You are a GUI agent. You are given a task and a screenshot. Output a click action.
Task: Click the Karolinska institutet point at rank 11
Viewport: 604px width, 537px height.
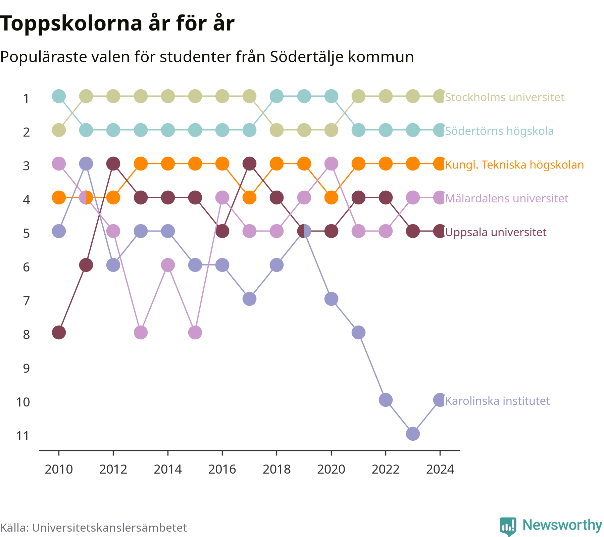coord(413,434)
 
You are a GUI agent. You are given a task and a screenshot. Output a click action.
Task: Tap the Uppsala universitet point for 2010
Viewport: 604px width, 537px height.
coord(59,332)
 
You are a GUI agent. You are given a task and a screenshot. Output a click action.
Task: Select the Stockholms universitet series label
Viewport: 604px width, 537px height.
coord(505,97)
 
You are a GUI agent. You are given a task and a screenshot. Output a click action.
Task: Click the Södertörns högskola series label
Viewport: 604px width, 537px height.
coord(499,131)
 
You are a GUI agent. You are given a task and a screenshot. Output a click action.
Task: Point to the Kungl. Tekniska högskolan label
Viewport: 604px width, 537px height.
coord(514,165)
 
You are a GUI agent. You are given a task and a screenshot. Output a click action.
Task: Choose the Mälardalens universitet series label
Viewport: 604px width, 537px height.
coord(507,198)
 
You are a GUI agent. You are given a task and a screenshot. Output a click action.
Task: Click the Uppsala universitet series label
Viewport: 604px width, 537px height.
coord(496,232)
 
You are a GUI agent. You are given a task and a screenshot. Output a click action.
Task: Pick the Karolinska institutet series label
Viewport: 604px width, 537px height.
coord(497,401)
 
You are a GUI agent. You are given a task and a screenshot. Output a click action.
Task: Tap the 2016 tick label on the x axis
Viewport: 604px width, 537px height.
coord(222,469)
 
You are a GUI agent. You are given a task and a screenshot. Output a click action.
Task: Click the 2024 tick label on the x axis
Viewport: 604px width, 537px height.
coord(440,469)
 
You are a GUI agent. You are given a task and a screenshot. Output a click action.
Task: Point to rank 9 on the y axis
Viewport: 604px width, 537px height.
coord(26,368)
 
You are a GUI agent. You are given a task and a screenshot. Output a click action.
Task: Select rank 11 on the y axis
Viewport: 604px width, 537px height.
coord(23,436)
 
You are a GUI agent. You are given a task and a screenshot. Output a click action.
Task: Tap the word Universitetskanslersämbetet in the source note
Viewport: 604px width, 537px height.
coord(109,528)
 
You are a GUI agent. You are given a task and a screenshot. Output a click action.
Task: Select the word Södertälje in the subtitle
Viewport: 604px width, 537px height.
coord(307,57)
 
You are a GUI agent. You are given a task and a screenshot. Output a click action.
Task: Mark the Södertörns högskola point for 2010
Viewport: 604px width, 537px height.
coord(59,96)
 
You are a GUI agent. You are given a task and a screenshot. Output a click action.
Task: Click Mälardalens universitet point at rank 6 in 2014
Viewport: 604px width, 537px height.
coord(168,265)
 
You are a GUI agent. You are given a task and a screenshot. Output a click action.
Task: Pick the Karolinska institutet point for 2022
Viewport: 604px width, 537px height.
coord(386,400)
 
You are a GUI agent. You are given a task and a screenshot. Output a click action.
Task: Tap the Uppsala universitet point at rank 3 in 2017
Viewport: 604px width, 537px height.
coord(249,164)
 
